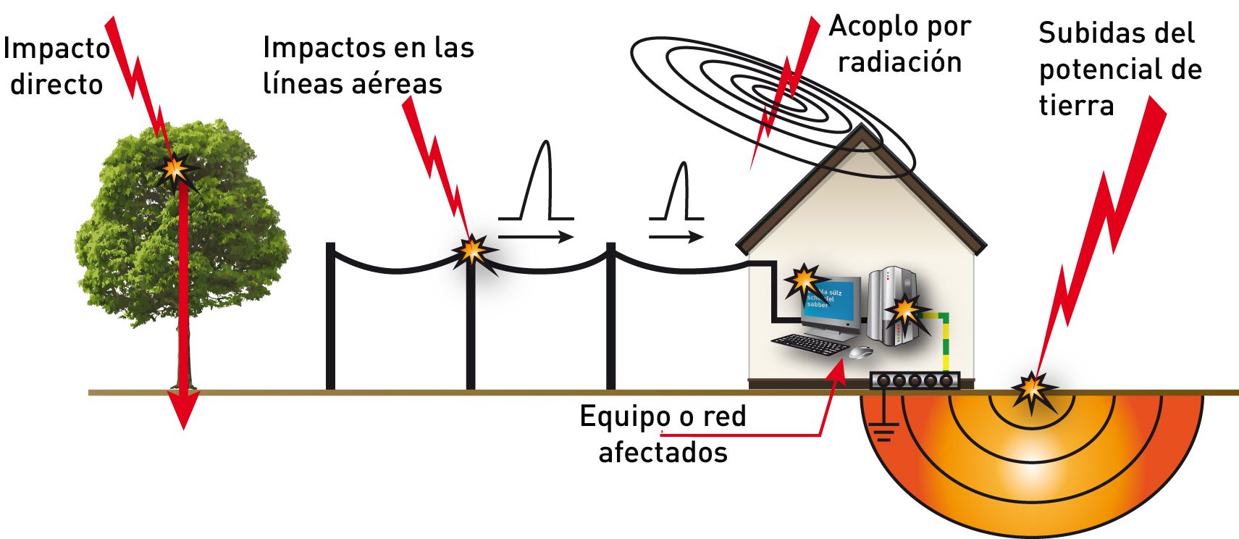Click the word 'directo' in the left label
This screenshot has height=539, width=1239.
[56, 85]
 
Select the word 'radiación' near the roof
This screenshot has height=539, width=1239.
[899, 62]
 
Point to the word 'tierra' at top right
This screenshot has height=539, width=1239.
[1076, 106]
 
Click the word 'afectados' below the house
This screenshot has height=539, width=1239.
[663, 452]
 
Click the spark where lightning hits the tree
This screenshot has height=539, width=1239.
[174, 170]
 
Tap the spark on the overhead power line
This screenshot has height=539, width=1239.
[473, 251]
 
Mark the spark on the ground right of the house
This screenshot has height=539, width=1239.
[1032, 391]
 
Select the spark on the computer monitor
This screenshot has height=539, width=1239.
[803, 280]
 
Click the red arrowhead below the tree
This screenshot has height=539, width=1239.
[184, 410]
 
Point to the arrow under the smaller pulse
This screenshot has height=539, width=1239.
[676, 237]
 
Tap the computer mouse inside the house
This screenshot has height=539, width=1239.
[860, 352]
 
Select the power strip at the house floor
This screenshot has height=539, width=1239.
[915, 380]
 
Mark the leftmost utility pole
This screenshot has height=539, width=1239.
[331, 319]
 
